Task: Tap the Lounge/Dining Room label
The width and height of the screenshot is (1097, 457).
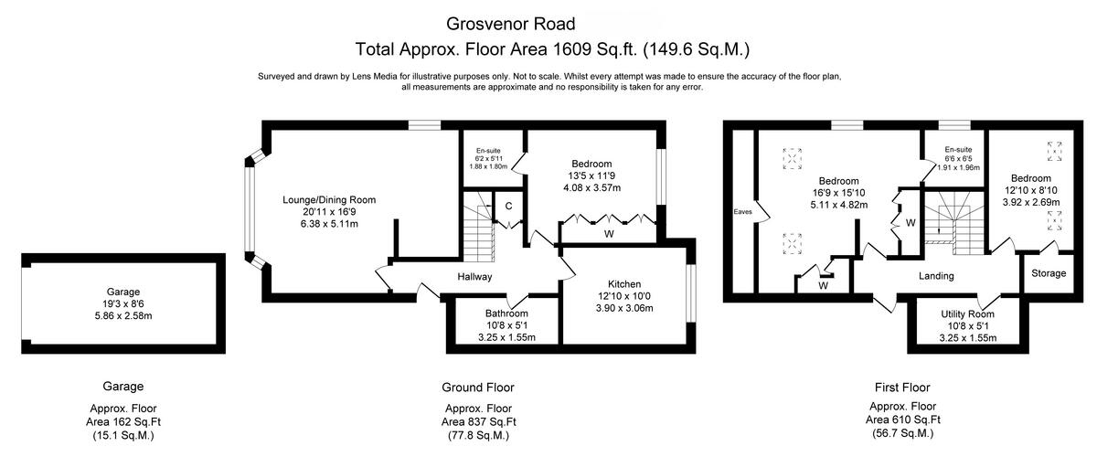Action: coord(327,199)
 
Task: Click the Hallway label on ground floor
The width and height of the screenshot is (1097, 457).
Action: coord(474,276)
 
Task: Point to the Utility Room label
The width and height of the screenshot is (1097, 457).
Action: coord(967,314)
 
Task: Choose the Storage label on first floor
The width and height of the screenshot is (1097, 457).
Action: coord(1049,273)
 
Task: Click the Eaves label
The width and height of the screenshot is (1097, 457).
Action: coord(742,212)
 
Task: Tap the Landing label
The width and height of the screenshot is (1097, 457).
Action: coord(936,275)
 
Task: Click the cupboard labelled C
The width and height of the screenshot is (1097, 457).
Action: coord(508,207)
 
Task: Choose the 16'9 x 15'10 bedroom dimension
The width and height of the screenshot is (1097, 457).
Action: coord(843,193)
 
